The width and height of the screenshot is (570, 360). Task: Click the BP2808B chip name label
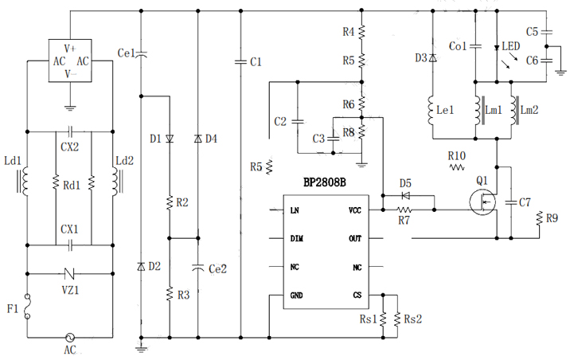(x=324, y=182)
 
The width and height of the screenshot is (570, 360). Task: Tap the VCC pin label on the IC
(x=355, y=210)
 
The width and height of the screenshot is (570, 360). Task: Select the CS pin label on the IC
(x=357, y=295)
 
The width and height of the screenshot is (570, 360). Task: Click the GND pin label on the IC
(x=296, y=295)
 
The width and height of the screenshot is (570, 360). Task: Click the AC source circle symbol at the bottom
(x=70, y=337)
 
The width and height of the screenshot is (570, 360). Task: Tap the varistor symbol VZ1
(x=70, y=271)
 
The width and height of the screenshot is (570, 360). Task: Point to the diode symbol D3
(x=432, y=58)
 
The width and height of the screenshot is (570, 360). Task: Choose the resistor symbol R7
(x=404, y=210)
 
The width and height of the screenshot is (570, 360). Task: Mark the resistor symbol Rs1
(x=383, y=319)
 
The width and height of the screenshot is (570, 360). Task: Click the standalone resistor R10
(x=457, y=168)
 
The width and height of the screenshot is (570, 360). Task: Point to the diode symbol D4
(x=198, y=139)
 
